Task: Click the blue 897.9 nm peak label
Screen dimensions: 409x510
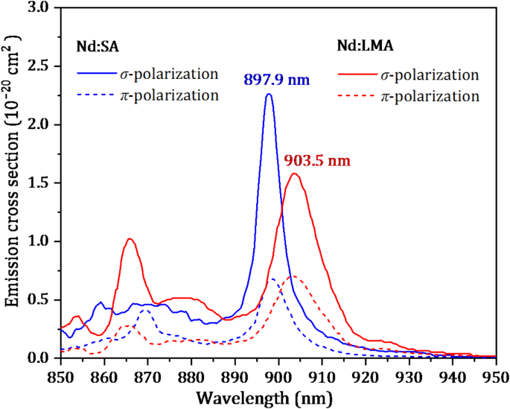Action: click(x=275, y=80)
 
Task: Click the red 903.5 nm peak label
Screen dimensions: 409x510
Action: click(x=316, y=160)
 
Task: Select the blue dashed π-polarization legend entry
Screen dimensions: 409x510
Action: click(x=147, y=95)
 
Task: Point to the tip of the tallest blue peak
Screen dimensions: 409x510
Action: click(x=269, y=95)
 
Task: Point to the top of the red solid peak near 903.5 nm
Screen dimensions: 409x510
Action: click(x=295, y=174)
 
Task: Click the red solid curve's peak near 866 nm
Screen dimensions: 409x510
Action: click(x=130, y=239)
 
